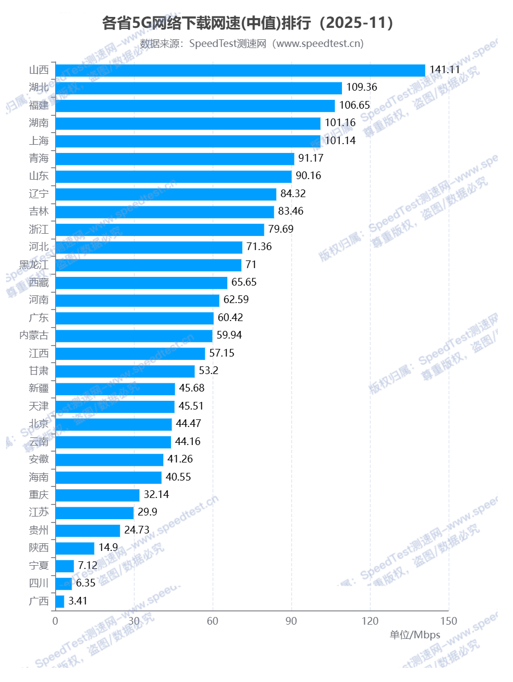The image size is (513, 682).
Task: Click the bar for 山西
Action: [240, 70]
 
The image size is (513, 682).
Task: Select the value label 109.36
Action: [362, 87]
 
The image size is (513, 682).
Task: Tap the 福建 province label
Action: [39, 105]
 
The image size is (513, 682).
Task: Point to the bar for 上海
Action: [188, 141]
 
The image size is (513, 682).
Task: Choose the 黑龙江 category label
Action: [34, 265]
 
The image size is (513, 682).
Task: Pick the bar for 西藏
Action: [141, 282]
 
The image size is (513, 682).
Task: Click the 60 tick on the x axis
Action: [213, 621]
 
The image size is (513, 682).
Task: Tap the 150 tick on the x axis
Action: [449, 621]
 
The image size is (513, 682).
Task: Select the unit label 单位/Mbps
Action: [415, 635]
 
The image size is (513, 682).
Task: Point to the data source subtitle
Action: [252, 44]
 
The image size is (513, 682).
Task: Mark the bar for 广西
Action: [60, 601]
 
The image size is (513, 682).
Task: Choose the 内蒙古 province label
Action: [34, 335]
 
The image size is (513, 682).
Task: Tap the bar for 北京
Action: [114, 424]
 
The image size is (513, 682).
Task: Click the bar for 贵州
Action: [88, 530]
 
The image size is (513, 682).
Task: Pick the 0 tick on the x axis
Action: [55, 621]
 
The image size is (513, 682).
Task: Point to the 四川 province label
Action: [39, 583]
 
